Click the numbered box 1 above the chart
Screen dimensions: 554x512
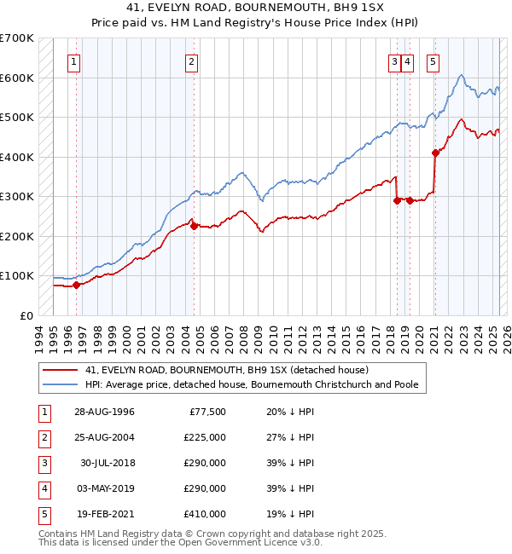[x=75, y=61]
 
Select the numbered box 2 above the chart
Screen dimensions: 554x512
[x=192, y=61]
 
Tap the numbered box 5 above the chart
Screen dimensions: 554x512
[x=433, y=61]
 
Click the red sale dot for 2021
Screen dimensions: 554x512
[x=435, y=153]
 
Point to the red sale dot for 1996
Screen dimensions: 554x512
[x=76, y=285]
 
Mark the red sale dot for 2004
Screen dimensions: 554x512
[x=194, y=226]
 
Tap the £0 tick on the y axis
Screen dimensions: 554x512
[x=26, y=315]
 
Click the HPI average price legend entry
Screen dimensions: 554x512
[x=251, y=384]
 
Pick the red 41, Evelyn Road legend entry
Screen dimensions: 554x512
[x=226, y=371]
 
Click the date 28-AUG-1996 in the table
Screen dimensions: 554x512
[x=104, y=412]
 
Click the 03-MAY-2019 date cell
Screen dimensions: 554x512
[x=104, y=488]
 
